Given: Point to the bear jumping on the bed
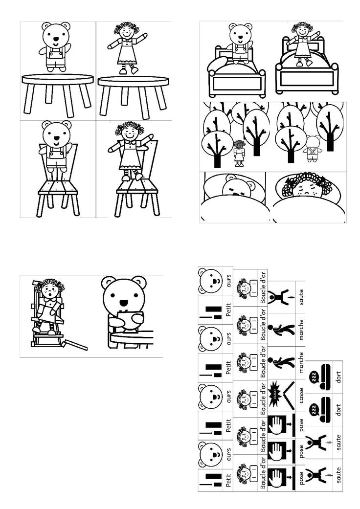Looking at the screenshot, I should click(239, 44).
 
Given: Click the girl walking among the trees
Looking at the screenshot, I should click(239, 153).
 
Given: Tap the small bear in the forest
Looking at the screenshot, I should click(312, 149).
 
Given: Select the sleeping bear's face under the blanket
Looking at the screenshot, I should click(237, 189).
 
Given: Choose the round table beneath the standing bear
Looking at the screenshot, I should click(58, 80).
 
